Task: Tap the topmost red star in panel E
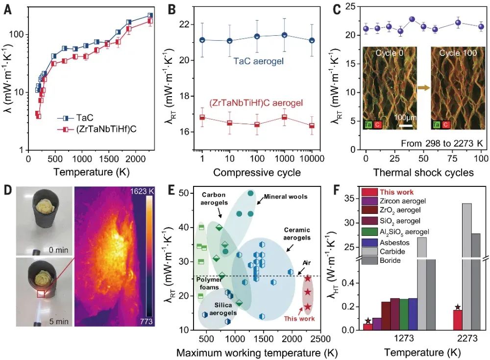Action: tap(307, 279)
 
